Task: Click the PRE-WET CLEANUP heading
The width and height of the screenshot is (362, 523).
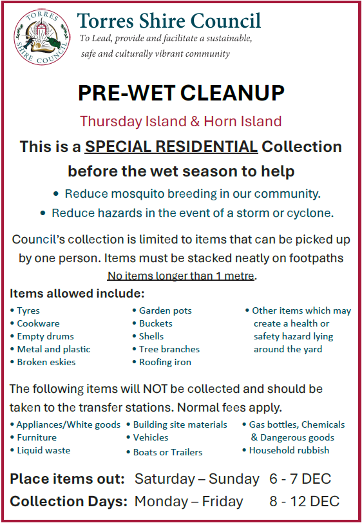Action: click(x=181, y=93)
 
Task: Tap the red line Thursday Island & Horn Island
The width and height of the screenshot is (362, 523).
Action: click(x=181, y=121)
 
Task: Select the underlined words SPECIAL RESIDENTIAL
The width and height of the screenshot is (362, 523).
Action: click(x=171, y=147)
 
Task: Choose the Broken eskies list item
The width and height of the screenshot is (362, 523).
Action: click(x=46, y=362)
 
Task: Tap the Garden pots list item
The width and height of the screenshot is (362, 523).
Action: click(x=165, y=310)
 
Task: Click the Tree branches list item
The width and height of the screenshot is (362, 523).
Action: click(x=169, y=349)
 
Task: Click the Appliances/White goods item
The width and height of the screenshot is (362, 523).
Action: click(x=68, y=425)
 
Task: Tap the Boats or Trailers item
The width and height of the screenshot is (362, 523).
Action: click(x=167, y=452)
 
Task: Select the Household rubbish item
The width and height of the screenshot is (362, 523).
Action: click(x=289, y=450)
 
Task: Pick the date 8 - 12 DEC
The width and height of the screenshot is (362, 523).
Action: click(x=304, y=502)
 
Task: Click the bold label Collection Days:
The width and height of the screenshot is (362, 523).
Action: click(x=69, y=502)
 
